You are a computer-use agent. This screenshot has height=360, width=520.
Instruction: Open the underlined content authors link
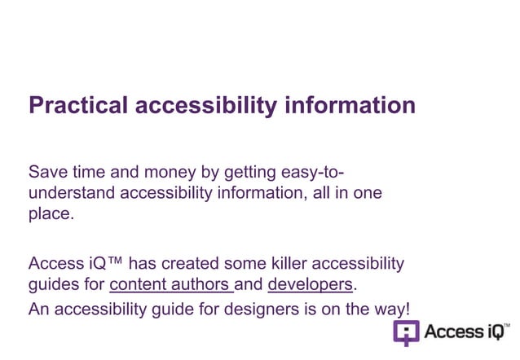[x=170, y=285]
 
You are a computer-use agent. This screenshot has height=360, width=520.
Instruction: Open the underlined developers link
[x=311, y=285]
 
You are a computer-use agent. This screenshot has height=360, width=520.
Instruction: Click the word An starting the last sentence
[x=39, y=309]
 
